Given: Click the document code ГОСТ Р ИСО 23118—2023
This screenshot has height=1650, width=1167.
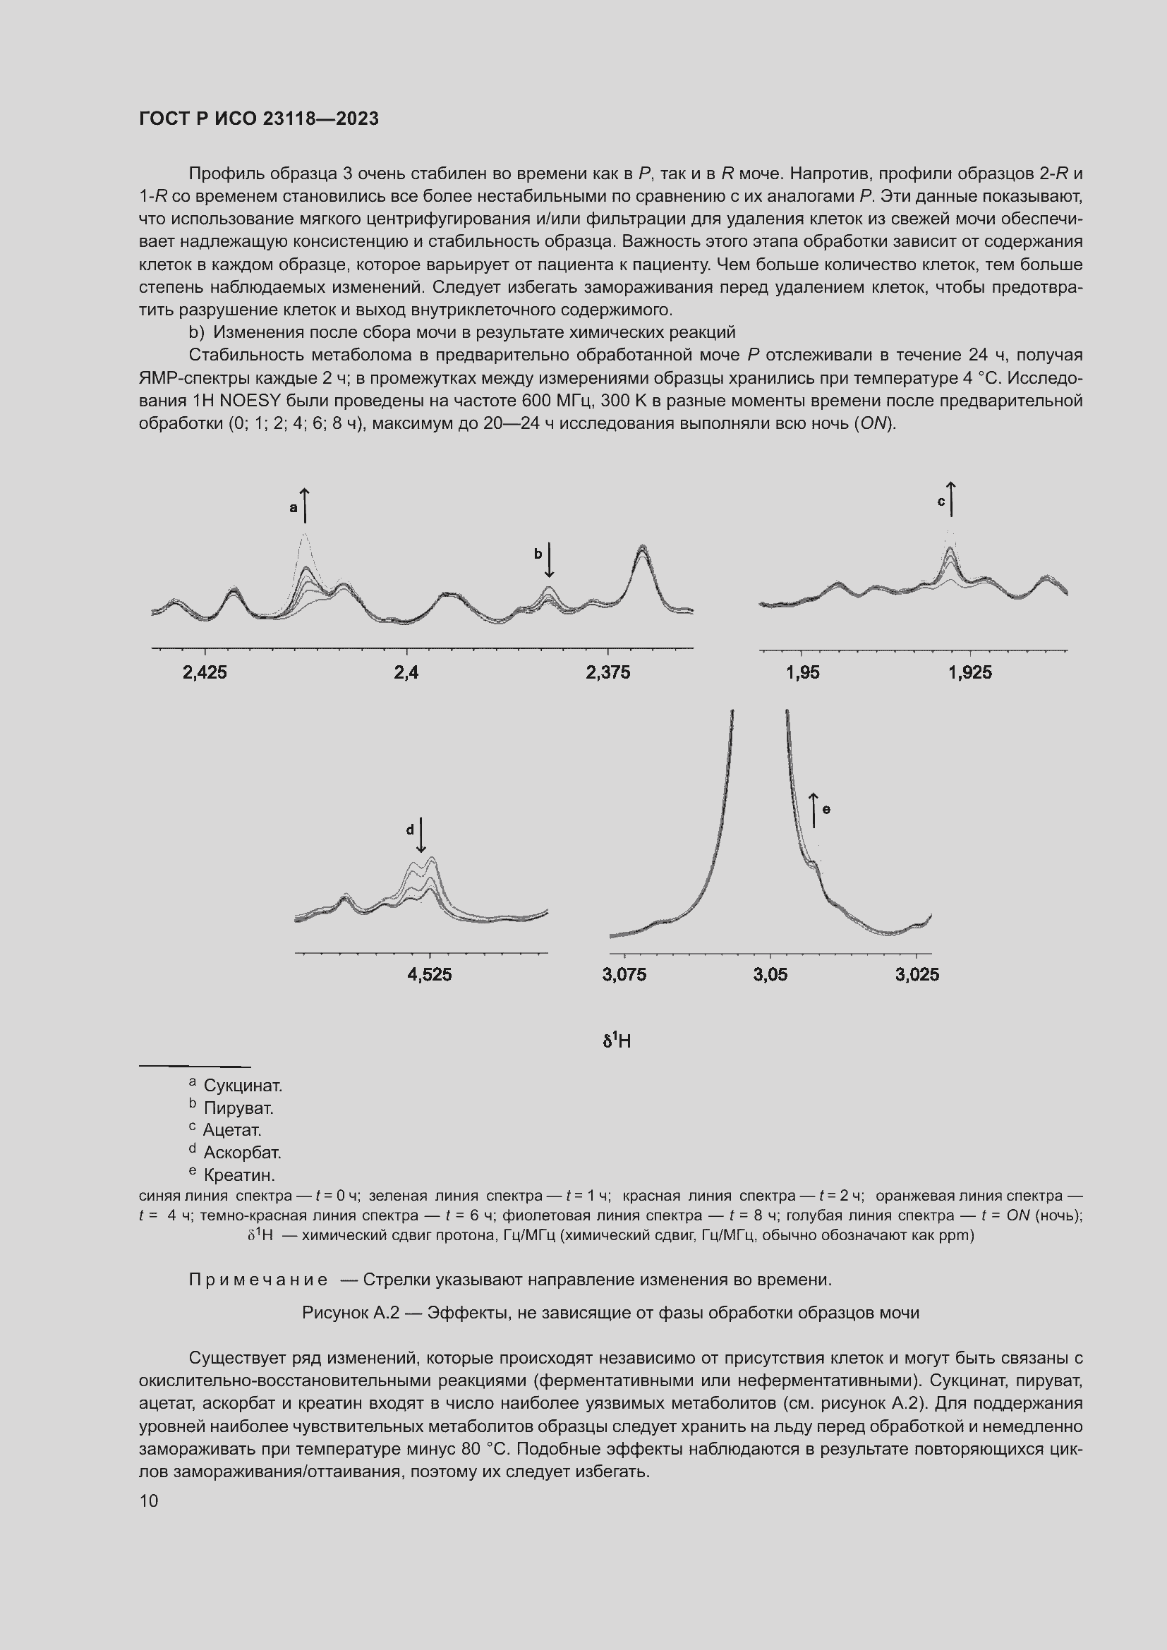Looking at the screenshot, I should pos(259,119).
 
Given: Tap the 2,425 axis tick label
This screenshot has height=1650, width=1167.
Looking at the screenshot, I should pos(205,672).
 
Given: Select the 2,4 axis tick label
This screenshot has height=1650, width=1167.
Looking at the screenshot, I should pos(406,672).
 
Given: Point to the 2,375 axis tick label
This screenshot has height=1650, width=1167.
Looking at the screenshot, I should pos(608,672).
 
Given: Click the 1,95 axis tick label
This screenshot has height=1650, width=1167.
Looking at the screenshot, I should pos(803,672).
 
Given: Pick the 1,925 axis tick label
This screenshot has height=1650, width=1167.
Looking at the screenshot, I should pos(970,672).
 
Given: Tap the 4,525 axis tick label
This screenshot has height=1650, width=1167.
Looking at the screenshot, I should pos(430,974).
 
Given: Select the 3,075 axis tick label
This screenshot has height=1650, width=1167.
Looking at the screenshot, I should pos(624,974).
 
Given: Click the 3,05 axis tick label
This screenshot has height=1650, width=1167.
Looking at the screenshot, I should pos(770,974).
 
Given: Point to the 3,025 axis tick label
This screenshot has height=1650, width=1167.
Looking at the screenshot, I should pos(917,974).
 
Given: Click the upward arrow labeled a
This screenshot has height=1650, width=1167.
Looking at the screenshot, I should pos(305,505).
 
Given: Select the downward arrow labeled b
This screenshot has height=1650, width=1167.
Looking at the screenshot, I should pos(549,561).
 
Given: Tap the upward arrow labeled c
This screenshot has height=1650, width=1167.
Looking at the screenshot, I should pos(951,499).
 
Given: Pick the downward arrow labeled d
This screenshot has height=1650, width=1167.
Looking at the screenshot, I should pos(421,835).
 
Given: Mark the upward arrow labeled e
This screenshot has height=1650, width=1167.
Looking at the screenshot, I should pos(814,809).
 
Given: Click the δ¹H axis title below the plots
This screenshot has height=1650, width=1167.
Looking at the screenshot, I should pos(617,1041).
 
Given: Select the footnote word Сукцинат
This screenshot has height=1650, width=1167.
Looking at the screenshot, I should pos(243,1085).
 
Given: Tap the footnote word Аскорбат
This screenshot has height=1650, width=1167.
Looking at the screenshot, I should pos(242,1152).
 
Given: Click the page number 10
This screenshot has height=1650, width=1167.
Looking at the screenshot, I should pos(149,1501).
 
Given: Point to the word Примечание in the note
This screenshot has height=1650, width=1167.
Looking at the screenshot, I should pos(258,1280).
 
